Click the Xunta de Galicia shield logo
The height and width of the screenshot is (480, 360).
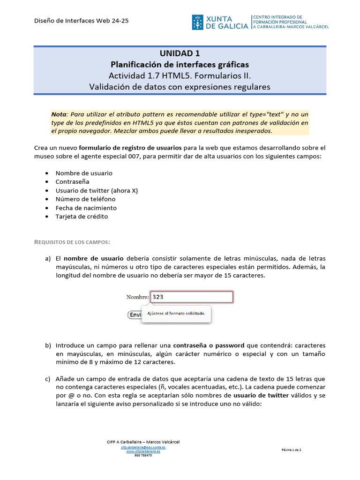pos(197,22)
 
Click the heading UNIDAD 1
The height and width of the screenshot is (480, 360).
pos(180,53)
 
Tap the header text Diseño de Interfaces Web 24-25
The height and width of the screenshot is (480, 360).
pos(82,21)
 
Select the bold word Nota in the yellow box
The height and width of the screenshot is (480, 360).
pos(59,114)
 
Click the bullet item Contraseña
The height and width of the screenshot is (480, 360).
pos(72,181)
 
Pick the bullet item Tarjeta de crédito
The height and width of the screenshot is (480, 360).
pos(82,217)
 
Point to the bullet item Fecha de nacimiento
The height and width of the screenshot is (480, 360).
pos(86,208)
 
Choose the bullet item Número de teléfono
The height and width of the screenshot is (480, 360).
pos(85,199)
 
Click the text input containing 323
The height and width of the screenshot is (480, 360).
pos(191,297)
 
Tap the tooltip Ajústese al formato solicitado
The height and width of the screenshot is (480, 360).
pos(176,314)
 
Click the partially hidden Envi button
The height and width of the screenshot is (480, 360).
pos(135,315)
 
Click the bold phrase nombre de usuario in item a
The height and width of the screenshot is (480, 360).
pos(93,258)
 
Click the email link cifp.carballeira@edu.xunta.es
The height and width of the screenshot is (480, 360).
pos(143,447)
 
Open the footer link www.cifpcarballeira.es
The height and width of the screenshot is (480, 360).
pos(143,451)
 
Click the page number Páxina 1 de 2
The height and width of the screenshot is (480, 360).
pos(291,450)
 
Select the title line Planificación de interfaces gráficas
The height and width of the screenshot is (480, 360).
pos(180,64)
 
